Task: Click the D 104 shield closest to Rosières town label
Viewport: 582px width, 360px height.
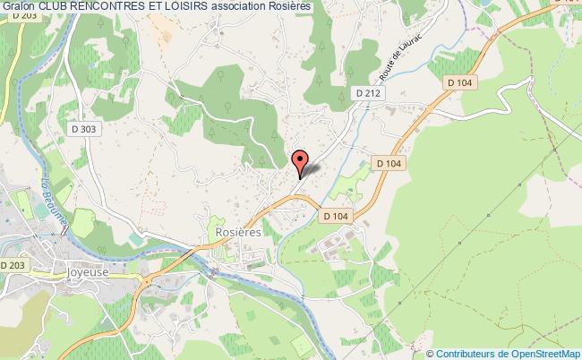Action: click(336, 216)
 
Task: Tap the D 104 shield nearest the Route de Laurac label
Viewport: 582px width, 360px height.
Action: click(462, 81)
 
